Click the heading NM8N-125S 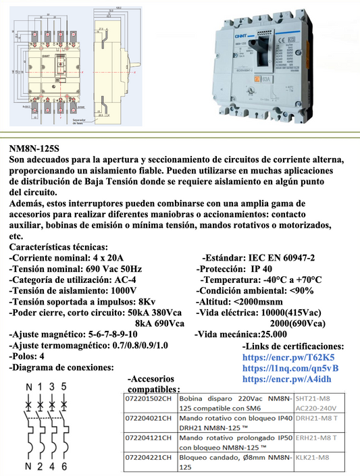tap(34, 149)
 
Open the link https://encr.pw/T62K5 tap(288, 356)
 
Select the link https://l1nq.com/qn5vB tap(290, 368)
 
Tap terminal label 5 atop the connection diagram tap(63, 387)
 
